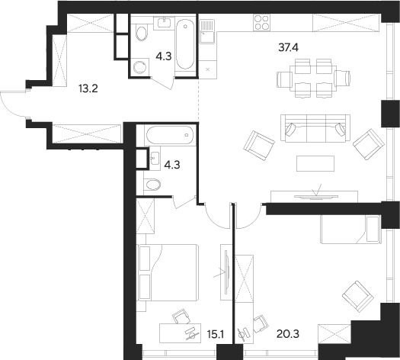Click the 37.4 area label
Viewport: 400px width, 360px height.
pyautogui.click(x=288, y=47)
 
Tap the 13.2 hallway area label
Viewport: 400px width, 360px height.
pyautogui.click(x=88, y=88)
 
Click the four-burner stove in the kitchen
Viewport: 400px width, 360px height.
pyautogui.click(x=261, y=22)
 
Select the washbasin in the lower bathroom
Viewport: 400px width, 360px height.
pyautogui.click(x=156, y=159)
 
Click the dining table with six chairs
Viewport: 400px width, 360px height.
pyautogui.click(x=313, y=77)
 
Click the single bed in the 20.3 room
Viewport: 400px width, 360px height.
pyautogui.click(x=349, y=225)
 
